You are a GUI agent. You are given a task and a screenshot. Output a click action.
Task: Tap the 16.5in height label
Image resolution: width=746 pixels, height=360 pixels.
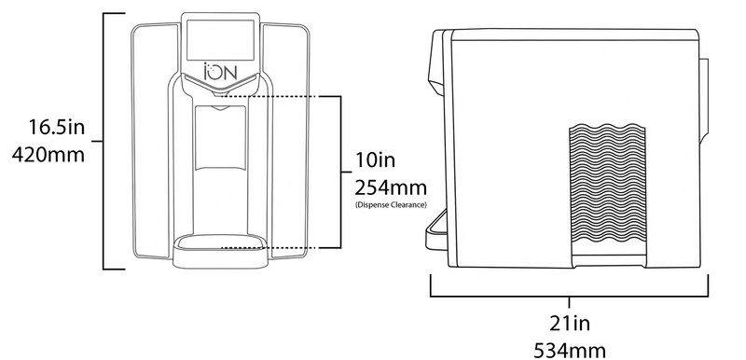57,127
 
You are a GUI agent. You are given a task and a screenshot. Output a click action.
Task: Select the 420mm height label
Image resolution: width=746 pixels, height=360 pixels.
48,155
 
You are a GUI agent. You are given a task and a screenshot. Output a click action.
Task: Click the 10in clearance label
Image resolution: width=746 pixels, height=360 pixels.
376,160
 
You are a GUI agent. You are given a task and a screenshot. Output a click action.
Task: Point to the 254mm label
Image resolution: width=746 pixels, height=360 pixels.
391,187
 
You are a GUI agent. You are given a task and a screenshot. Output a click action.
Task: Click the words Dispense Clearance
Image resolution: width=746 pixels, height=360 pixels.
391,205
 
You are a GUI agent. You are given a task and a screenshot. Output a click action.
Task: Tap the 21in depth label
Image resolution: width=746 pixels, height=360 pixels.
570,324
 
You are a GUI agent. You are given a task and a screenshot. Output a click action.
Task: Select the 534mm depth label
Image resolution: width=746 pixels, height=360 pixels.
570,351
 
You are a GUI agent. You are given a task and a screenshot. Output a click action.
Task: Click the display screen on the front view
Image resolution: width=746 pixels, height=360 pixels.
220,40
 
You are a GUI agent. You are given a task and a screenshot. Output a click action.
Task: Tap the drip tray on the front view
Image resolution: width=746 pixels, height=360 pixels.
220,251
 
